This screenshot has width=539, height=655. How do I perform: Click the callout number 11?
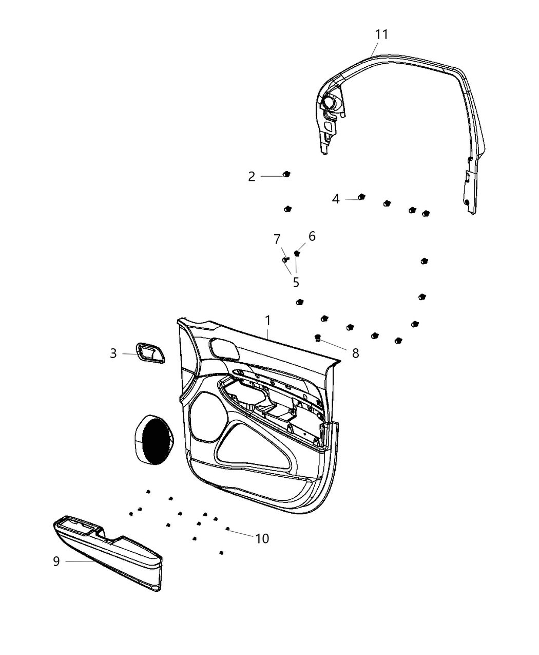[x=381, y=35]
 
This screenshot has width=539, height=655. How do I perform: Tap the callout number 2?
[x=252, y=177]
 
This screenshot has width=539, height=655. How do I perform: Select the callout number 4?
[x=336, y=199]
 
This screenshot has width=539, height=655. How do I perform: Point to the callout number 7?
[x=277, y=239]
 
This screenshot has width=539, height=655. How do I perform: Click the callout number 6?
[x=312, y=236]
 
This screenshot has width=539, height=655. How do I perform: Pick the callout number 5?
[x=296, y=282]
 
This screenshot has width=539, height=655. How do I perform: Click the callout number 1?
[x=267, y=321]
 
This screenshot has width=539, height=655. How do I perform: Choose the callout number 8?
[x=355, y=353]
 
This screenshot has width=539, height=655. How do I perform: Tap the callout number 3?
[x=113, y=353]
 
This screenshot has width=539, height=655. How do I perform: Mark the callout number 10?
[x=262, y=538]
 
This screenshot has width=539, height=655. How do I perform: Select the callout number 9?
[x=56, y=561]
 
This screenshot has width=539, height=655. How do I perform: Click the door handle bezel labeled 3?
[x=150, y=353]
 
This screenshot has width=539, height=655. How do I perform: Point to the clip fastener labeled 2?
[x=286, y=175]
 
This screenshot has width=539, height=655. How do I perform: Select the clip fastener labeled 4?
[x=361, y=197]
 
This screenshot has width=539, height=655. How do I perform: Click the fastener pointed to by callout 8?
[x=318, y=338]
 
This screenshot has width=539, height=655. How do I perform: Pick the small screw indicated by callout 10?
[x=227, y=529]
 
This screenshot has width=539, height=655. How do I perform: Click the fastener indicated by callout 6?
[x=297, y=253]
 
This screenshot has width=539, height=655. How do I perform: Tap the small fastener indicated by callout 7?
[x=285, y=260]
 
